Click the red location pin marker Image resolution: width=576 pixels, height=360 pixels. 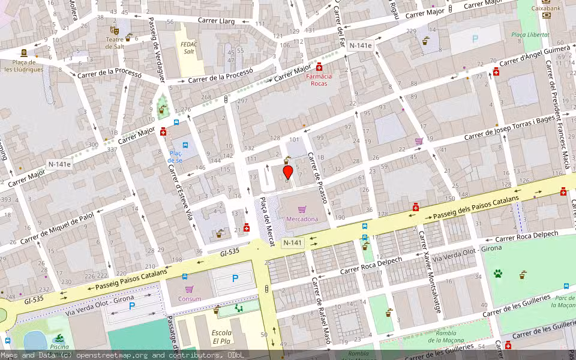click(x=288, y=172)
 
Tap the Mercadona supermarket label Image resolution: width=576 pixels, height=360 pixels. click(x=302, y=219)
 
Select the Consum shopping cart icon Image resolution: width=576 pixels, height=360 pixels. click(x=189, y=289)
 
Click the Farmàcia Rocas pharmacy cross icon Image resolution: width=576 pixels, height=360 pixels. click(x=320, y=67)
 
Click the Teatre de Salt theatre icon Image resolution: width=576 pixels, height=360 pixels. click(x=114, y=30)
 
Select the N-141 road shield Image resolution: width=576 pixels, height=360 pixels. click(x=292, y=242)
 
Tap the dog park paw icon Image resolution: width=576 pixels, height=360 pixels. click(x=497, y=274)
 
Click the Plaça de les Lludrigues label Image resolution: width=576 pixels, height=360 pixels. click(x=24, y=65)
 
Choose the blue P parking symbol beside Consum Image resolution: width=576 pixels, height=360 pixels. click(x=235, y=278)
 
